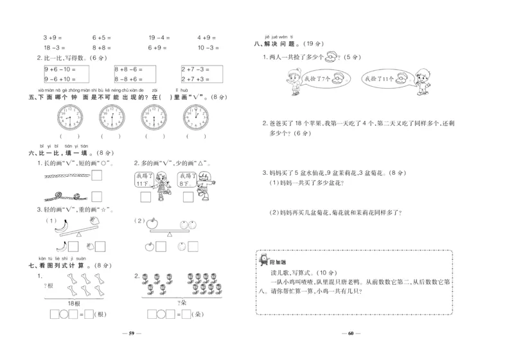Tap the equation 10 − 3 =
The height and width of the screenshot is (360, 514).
(x=209, y=48)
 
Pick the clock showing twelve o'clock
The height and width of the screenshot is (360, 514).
(x=196, y=117)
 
